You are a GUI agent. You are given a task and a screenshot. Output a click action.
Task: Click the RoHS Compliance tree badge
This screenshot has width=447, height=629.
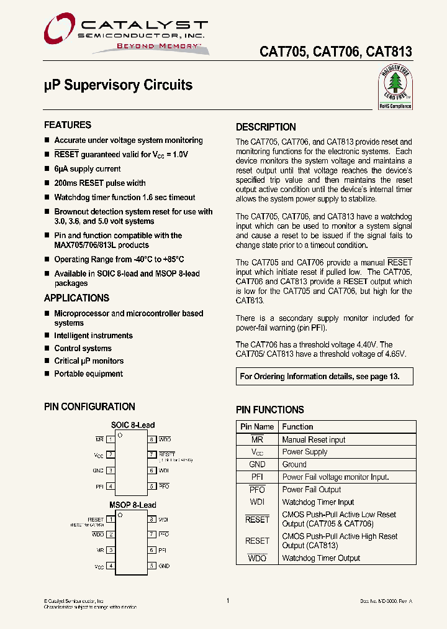(x=395, y=88)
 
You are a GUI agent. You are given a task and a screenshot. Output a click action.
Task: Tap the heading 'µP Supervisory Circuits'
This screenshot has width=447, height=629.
(x=118, y=85)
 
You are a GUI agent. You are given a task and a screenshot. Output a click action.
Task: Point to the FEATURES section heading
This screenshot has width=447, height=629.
(x=68, y=125)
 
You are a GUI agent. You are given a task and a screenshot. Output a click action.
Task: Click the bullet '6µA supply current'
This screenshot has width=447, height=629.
(x=87, y=169)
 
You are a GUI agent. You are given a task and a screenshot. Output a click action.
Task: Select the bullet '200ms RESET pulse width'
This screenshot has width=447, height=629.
(x=99, y=183)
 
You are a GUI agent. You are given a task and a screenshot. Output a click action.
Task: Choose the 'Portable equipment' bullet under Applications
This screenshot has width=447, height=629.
(x=88, y=374)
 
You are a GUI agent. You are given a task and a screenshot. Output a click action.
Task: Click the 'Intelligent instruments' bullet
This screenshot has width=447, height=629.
(x=93, y=336)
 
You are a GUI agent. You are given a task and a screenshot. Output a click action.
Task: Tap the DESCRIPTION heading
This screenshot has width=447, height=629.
(x=266, y=127)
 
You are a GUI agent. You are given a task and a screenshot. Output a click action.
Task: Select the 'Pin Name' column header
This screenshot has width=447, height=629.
(x=257, y=427)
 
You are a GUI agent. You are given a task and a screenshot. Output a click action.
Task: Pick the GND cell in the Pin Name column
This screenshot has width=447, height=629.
(x=257, y=464)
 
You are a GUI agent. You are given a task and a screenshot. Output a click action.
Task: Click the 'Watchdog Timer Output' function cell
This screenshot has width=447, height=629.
(x=321, y=558)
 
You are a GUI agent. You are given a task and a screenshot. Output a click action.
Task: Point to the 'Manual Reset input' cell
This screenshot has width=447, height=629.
(x=314, y=439)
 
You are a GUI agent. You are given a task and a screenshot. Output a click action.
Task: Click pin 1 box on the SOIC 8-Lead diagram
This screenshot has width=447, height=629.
(x=111, y=439)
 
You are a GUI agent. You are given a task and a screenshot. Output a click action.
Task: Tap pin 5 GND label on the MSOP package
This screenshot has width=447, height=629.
(x=164, y=566)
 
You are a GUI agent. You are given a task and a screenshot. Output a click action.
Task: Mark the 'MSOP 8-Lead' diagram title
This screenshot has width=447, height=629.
(x=132, y=505)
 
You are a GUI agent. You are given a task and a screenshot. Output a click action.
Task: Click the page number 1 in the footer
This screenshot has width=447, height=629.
(x=228, y=600)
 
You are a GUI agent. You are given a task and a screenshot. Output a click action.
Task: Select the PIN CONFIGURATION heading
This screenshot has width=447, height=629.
(x=89, y=406)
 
